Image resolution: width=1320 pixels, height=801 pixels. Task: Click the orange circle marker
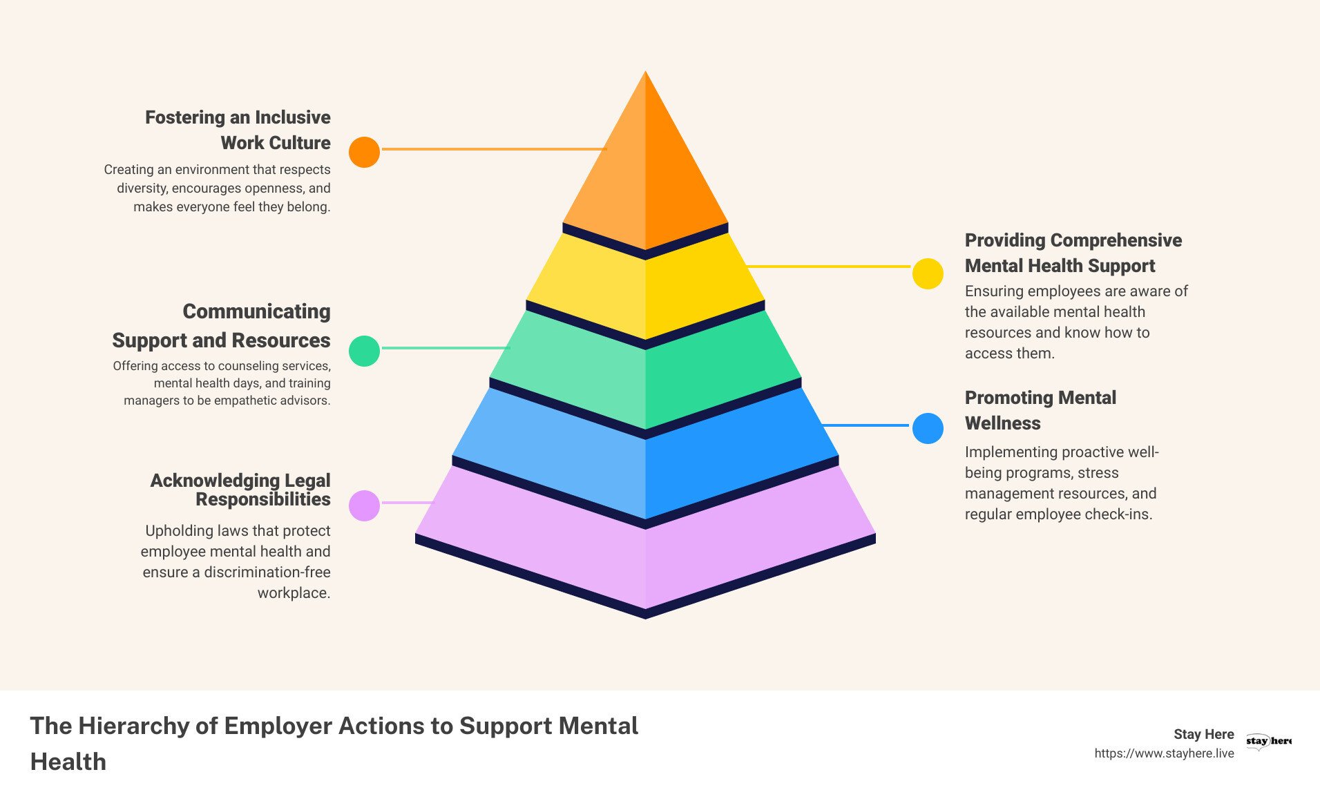[364, 152]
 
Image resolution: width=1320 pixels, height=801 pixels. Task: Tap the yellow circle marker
[928, 273]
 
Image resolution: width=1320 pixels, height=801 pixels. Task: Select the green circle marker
[364, 351]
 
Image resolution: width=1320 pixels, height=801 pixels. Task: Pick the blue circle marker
[928, 429]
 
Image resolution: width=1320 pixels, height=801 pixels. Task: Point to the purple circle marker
[364, 505]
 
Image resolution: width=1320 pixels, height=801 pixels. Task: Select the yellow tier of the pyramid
[645, 290]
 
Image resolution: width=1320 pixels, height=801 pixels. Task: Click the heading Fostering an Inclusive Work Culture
[238, 130]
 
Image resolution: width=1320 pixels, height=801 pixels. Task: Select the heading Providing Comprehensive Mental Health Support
[1073, 253]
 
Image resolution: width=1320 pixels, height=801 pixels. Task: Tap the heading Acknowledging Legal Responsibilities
[240, 490]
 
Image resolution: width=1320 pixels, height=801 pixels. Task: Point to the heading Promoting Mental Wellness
[1040, 410]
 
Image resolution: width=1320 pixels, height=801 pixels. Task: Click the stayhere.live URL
[1164, 753]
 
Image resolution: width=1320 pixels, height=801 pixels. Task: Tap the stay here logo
[1268, 741]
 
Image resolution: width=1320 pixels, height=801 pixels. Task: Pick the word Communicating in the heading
[256, 311]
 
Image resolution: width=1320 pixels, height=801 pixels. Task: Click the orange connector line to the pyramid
[494, 148]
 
